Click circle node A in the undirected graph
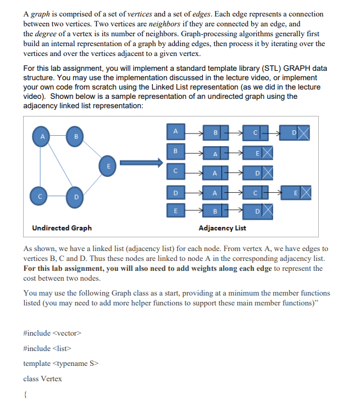tap(40, 135)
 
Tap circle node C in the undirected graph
tap(40, 194)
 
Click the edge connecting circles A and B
tap(58, 135)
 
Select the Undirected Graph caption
tap(62, 227)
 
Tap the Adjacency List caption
tap(222, 227)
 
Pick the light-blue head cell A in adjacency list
tap(175, 131)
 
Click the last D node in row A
tap(294, 132)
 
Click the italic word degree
tap(46, 34)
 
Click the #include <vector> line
tap(52, 333)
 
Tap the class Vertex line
tap(42, 379)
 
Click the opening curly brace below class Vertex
tap(26, 394)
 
